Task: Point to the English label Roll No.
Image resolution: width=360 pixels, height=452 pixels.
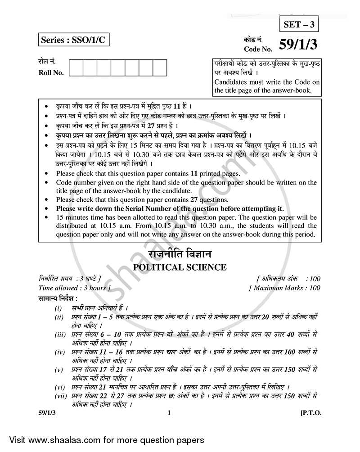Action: point(51,72)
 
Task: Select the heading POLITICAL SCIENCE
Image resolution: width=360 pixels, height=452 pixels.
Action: point(180,267)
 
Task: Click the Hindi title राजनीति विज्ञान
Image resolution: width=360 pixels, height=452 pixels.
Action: point(180,254)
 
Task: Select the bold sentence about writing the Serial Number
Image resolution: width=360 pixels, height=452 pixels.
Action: point(170,208)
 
